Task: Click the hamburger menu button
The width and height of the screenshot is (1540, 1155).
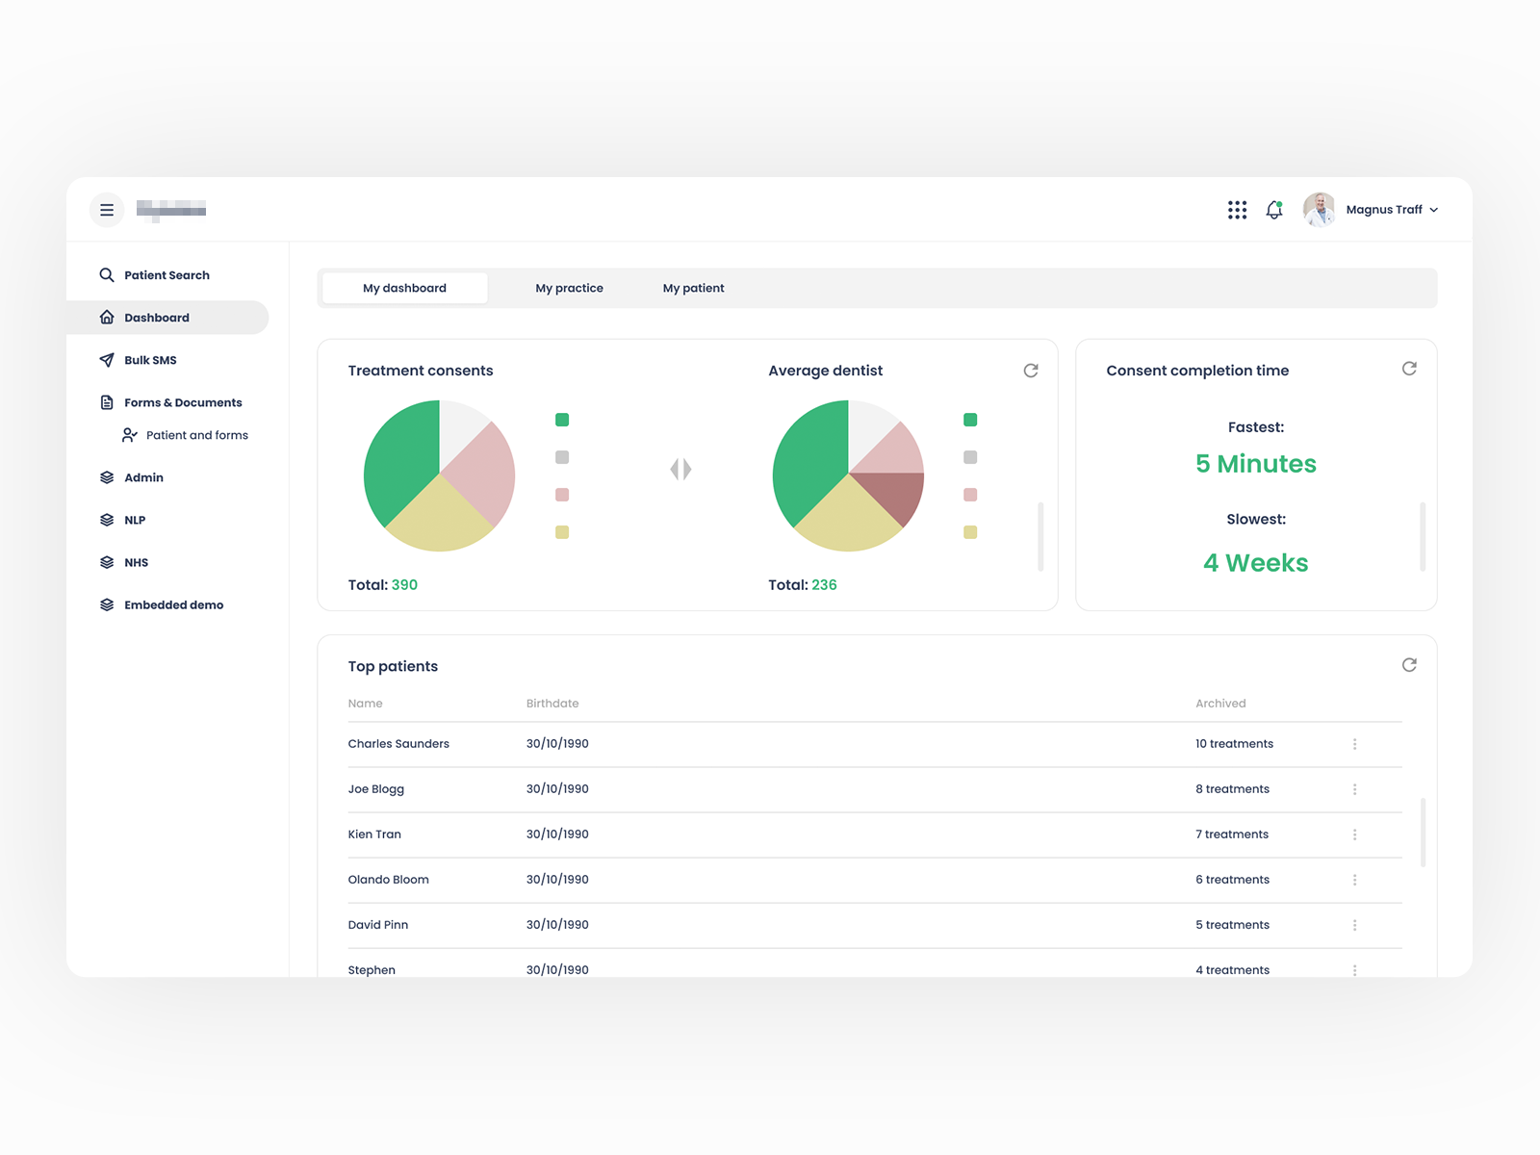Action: click(x=107, y=210)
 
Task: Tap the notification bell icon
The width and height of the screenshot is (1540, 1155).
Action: click(x=1274, y=210)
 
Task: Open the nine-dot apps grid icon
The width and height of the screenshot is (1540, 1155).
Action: click(x=1237, y=210)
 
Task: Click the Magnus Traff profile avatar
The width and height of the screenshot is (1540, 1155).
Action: click(x=1319, y=210)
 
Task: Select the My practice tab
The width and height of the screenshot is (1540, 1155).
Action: click(x=569, y=288)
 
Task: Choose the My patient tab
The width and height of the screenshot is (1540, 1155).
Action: click(x=693, y=288)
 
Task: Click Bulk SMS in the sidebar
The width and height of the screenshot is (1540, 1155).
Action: click(x=150, y=360)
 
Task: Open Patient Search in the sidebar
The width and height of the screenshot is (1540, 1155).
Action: click(x=167, y=275)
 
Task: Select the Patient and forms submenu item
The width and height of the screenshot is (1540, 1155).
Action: click(x=196, y=435)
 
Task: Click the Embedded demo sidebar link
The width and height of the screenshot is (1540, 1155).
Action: click(x=173, y=605)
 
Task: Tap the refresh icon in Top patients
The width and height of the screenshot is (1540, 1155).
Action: click(x=1409, y=665)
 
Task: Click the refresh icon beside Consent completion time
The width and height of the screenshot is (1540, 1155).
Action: click(x=1409, y=369)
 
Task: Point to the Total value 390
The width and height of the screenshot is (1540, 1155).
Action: click(x=404, y=585)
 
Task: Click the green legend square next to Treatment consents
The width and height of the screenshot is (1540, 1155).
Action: click(x=562, y=420)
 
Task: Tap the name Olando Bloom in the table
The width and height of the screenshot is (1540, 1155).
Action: click(x=388, y=880)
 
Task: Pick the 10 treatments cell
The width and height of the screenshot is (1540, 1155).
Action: click(x=1234, y=744)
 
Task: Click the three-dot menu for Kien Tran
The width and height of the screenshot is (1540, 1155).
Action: click(x=1354, y=834)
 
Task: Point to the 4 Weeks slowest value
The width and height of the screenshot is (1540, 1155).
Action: click(x=1255, y=563)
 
